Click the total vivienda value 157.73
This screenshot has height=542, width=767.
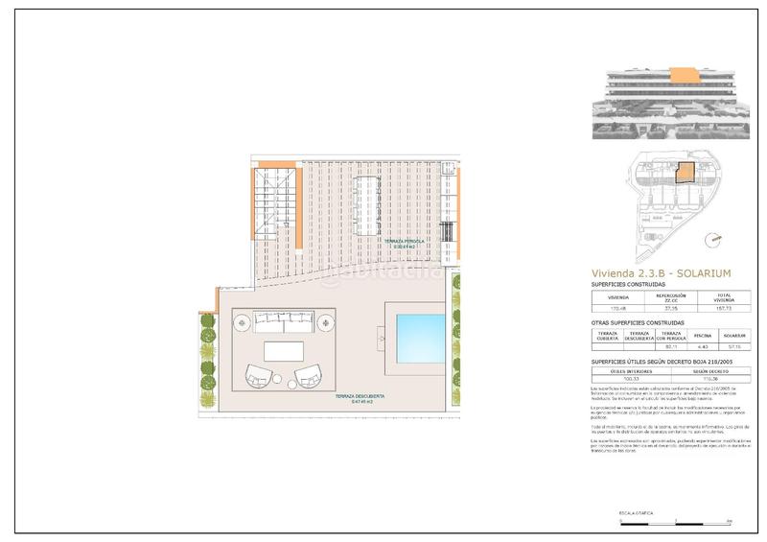tap(725, 309)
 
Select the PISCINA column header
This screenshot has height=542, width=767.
tap(704, 335)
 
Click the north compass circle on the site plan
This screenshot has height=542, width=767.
tap(714, 241)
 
